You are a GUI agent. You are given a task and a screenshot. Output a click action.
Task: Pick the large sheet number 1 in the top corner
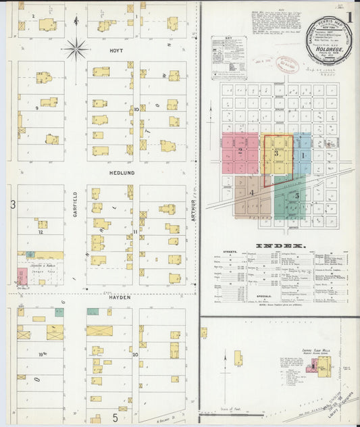tap(349, 17)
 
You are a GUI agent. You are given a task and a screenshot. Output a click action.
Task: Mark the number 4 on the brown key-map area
tap(251, 193)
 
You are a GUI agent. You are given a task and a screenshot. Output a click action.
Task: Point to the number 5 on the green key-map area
tap(297, 195)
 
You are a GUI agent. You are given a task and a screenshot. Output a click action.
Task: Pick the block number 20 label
tap(135, 354)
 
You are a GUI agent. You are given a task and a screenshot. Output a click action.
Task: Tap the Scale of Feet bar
tap(230, 404)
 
